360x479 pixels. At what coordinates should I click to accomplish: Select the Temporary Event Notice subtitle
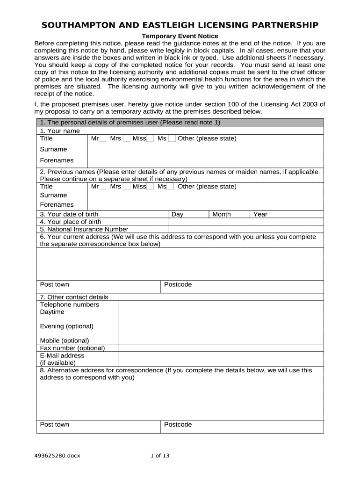[x=180, y=36]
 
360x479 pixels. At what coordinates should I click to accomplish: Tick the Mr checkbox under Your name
[x=102, y=139]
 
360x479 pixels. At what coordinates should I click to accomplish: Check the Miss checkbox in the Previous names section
[x=150, y=187]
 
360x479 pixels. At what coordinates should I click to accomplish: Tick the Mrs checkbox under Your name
[x=126, y=139]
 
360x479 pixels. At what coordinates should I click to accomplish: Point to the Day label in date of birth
[x=178, y=214]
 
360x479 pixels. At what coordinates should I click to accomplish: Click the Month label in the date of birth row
[x=222, y=214]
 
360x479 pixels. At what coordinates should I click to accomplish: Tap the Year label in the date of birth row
[x=260, y=214]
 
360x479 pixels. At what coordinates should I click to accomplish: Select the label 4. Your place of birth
[x=71, y=222]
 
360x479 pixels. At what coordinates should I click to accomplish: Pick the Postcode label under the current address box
[x=178, y=284]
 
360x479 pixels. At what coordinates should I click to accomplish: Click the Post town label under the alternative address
[x=55, y=424]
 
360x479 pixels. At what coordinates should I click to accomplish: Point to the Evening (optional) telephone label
[x=67, y=326]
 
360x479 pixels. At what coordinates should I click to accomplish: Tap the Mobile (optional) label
[x=65, y=341]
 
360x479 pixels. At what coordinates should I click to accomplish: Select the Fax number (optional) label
[x=72, y=348]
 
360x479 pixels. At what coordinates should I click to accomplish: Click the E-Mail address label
[x=62, y=356]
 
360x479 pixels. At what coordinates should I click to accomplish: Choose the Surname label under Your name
[x=54, y=149]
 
